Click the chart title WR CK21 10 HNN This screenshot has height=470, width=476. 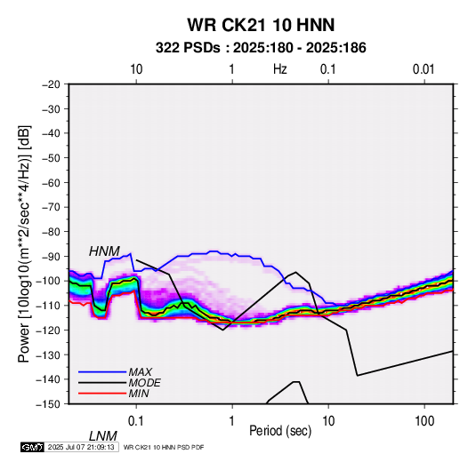coord(261,25)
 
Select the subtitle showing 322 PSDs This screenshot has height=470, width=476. coord(261,48)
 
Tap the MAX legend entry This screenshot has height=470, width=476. coord(140,371)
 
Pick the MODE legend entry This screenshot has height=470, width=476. coord(144,383)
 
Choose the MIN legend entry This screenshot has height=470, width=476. coord(139,394)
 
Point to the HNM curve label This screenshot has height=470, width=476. coord(104,251)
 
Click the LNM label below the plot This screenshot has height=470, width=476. coord(103,436)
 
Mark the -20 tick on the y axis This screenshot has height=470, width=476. coord(51,84)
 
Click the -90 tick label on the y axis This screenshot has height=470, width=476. coord(51,257)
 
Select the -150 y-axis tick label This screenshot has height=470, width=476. coord(48,404)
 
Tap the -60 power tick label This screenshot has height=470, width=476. coord(51,182)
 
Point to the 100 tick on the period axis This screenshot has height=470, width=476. coord(424,421)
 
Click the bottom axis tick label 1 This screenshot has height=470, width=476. coord(231,421)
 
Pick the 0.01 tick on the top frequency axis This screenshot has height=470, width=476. coord(424,69)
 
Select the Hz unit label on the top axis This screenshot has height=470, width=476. coord(280,69)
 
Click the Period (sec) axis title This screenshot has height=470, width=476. coord(280,431)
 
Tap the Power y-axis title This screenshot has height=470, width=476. coord(25,244)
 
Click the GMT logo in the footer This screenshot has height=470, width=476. coord(32,447)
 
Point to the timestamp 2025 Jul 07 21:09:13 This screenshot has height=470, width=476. coord(81,447)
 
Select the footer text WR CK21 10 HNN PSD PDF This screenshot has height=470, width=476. coord(164,447)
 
